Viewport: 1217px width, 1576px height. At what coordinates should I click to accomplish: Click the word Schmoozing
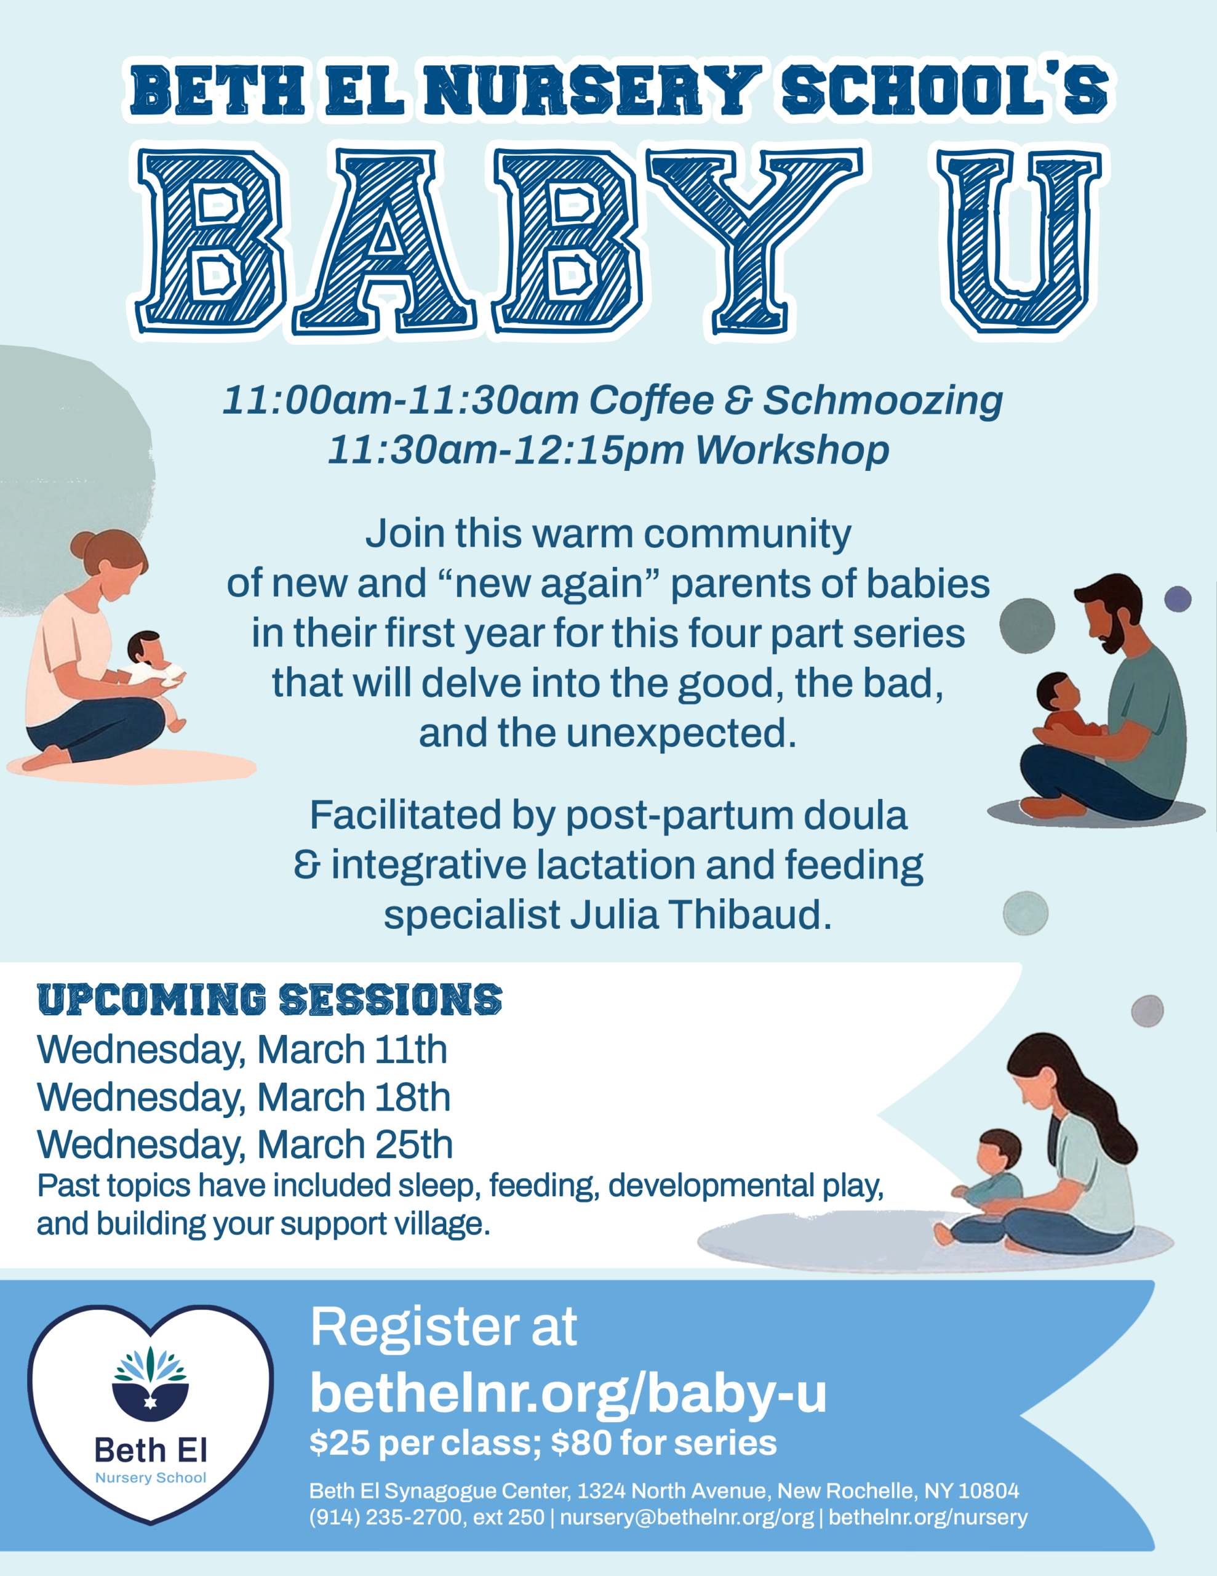(883, 401)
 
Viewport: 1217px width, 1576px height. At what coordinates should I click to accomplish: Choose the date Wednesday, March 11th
(242, 1049)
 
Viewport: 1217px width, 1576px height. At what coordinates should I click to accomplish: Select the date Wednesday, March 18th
(244, 1098)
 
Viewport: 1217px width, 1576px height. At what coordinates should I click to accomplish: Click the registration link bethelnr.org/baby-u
(569, 1394)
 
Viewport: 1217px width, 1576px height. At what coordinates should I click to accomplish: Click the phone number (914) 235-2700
(386, 1518)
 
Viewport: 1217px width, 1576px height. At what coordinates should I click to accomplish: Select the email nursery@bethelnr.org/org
(687, 1518)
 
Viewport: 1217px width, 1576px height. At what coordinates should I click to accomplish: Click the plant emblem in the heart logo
(150, 1383)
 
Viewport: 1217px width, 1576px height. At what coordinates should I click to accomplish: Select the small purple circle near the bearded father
(1178, 599)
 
